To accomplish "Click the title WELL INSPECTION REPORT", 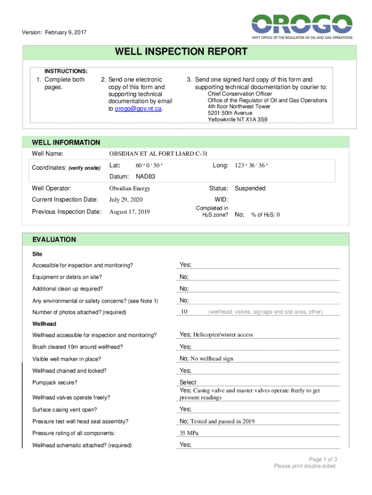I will click(181, 52).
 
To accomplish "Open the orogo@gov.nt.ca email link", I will click(139, 109).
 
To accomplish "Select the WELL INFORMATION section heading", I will click(66, 142).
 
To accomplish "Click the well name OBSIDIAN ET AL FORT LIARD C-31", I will click(158, 154).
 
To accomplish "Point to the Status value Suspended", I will click(250, 189).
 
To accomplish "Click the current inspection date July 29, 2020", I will click(126, 200).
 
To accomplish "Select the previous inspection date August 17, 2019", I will click(129, 212).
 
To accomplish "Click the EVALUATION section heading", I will click(54, 239).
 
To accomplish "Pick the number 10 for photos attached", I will click(184, 312).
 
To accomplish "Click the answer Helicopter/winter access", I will click(223, 335).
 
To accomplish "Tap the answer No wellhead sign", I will click(212, 359).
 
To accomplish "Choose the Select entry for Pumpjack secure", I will click(188, 382).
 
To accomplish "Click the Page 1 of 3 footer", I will click(323, 459).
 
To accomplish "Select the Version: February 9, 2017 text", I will click(55, 33).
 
